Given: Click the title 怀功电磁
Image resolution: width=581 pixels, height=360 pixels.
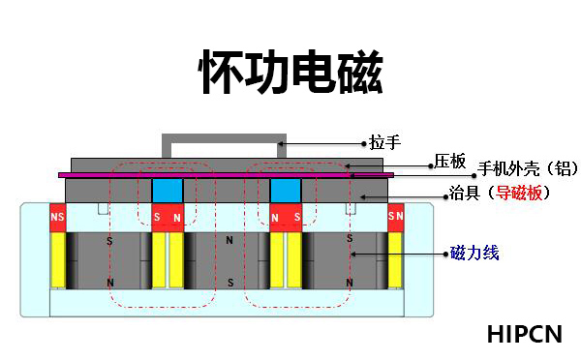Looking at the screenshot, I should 290,71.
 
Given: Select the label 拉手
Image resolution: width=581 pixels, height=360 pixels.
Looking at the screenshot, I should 385,142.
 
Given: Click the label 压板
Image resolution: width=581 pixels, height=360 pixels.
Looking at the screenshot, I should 450,161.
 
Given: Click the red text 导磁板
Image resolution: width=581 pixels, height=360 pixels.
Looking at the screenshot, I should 523,194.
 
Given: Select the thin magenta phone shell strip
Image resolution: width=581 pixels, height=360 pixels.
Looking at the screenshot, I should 228,175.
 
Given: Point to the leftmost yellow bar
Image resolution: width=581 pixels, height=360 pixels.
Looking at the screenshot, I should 57,259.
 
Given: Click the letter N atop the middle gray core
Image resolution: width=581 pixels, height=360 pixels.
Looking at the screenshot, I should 229,238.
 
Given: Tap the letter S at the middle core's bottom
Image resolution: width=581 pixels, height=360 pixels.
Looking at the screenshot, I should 229,283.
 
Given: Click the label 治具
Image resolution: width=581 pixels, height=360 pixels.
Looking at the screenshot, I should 462,194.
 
